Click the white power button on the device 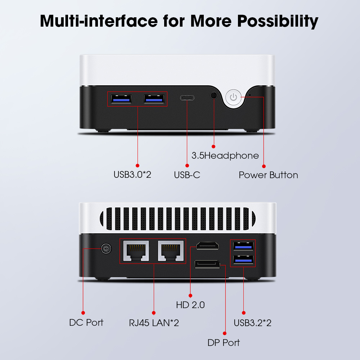pos(234,97)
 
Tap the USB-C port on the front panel pos(187,98)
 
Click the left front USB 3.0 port pos(121,99)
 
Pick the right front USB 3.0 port pos(154,99)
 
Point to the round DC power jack pos(106,249)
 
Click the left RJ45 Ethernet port pos(136,251)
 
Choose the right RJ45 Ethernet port pos(171,251)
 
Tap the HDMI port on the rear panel pos(207,246)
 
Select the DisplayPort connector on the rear pos(207,264)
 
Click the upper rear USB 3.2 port pos(243,246)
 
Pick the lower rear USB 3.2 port pos(243,260)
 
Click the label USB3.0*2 pos(132,175)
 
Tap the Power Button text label pos(269,175)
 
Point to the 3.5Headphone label pos(225,156)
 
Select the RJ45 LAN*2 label pos(154,323)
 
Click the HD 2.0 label pos(190,305)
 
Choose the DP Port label pos(224,343)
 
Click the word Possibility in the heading pos(278,21)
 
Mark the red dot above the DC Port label pos(83,313)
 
